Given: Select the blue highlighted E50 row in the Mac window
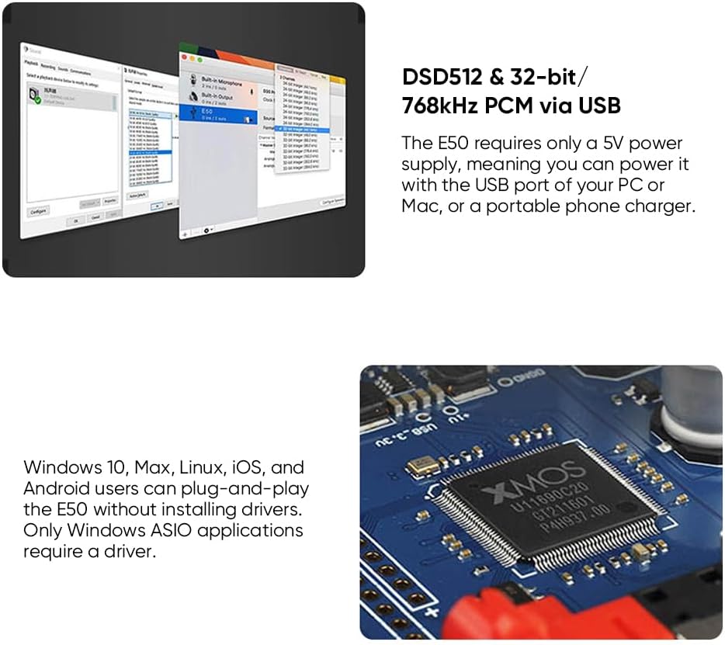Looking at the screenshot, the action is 222,114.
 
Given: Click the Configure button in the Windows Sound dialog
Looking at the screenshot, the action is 37,210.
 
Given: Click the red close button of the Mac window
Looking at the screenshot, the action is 183,57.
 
